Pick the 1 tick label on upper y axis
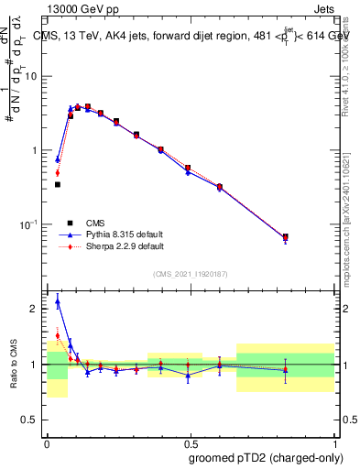tap(37, 150)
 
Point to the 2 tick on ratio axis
tap(37, 309)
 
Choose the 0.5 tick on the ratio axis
tap(33, 420)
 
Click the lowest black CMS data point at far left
tap(58, 184)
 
